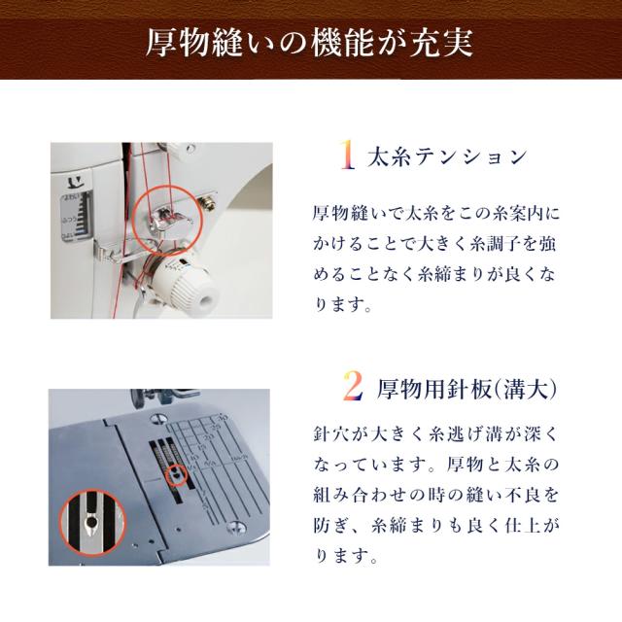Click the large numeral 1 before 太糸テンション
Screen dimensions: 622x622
tap(348, 155)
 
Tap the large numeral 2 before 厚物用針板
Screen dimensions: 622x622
tap(353, 385)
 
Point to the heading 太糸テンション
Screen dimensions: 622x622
tap(447, 156)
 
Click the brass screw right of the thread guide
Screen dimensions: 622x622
tap(208, 201)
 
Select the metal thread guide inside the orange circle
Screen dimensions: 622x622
tap(168, 221)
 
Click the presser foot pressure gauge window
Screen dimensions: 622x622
tap(77, 216)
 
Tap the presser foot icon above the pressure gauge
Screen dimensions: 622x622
tap(75, 182)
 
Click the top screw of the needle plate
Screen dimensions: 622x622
tap(158, 418)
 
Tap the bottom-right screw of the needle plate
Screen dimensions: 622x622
tap(235, 527)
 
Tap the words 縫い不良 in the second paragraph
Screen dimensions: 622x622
tap(496, 495)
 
